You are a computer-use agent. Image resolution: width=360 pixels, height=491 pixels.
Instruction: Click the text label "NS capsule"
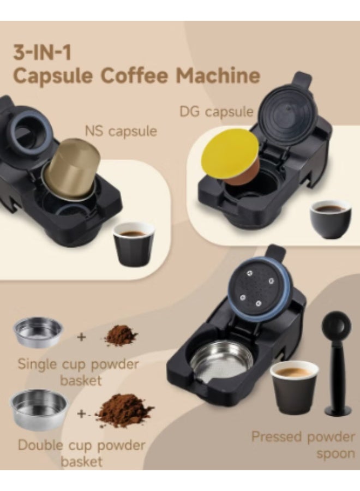121,131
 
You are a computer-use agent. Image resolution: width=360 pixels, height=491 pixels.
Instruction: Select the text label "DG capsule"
216,112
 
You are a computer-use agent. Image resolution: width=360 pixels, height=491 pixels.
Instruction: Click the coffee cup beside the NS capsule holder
134,243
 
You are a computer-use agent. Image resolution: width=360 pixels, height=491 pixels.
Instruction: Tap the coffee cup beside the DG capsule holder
330,218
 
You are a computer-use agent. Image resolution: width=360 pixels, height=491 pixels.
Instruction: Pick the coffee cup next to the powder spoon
294,385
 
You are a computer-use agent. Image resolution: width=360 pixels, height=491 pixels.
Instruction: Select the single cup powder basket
38,332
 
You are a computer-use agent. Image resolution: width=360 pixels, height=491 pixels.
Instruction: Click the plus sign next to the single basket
82,337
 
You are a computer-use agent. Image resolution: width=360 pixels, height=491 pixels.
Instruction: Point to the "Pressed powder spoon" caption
303,445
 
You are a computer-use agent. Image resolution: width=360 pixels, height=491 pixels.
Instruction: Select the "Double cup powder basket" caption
82,453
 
